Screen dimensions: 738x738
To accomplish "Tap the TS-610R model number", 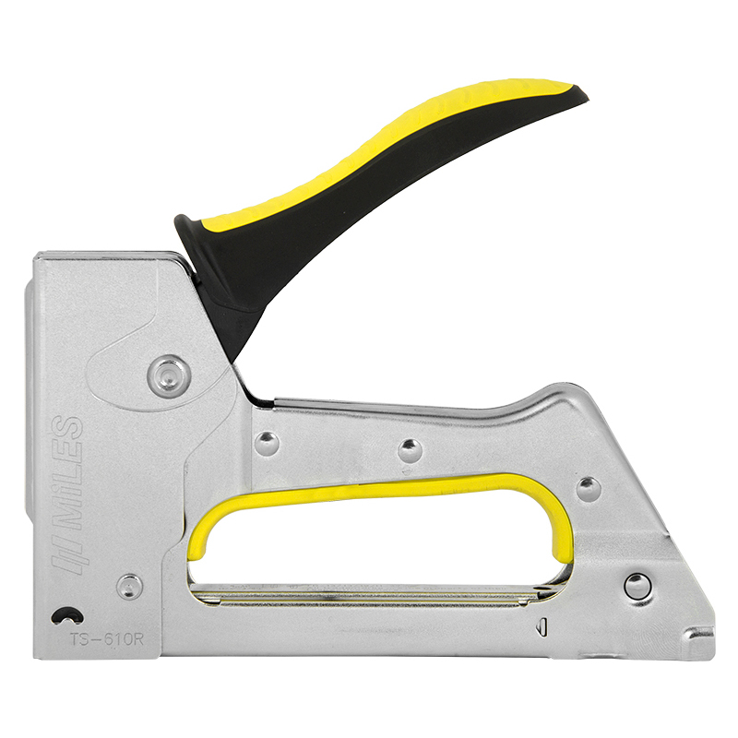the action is pyautogui.click(x=106, y=639).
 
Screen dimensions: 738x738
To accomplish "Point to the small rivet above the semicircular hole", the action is pyautogui.click(x=129, y=587).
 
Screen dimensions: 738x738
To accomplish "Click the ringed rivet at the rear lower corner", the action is pyautogui.click(x=637, y=587).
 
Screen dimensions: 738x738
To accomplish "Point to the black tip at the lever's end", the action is pyautogui.click(x=580, y=93).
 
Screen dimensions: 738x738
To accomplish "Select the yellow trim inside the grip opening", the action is pyautogui.click(x=376, y=490).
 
